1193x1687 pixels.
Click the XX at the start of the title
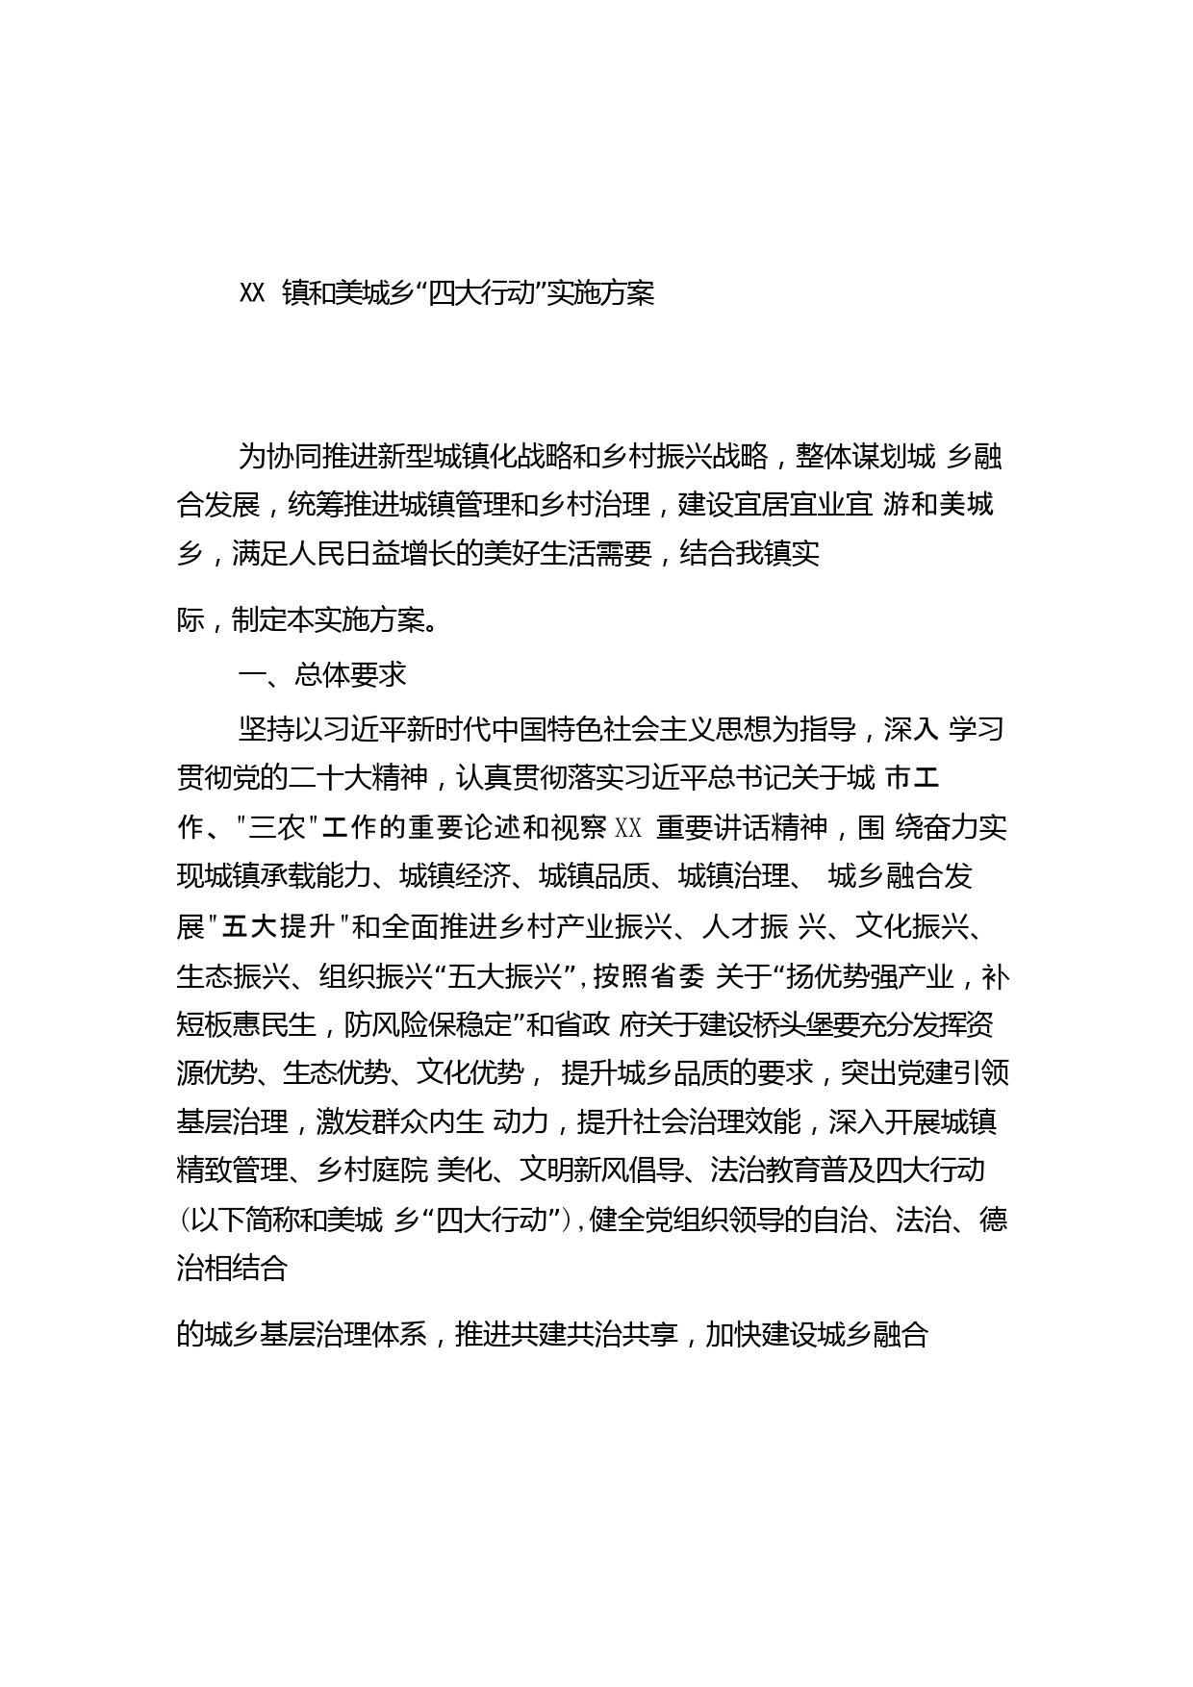tap(252, 294)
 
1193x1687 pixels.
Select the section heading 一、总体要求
tap(322, 675)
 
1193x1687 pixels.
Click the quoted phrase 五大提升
tap(278, 927)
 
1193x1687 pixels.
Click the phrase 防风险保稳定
tap(428, 1026)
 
